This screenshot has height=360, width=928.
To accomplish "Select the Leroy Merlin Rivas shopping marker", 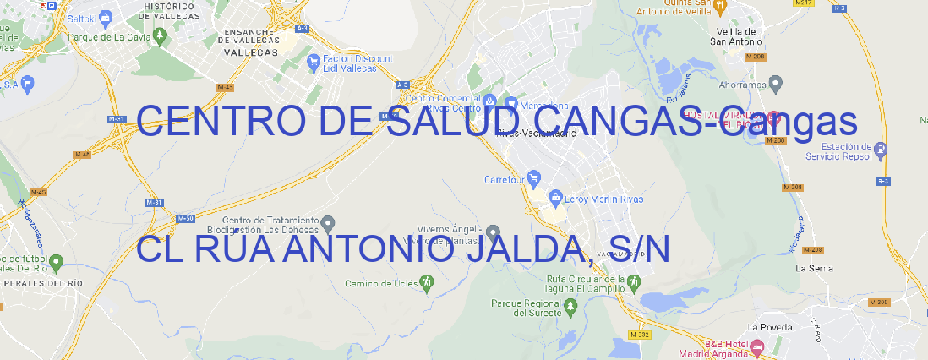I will click(555, 199).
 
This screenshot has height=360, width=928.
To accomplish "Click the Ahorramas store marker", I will click(776, 83).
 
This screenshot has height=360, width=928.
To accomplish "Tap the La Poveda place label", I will click(770, 327).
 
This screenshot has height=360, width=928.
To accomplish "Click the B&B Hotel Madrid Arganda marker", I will click(757, 346).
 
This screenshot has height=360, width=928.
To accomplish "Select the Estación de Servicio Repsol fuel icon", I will click(882, 151).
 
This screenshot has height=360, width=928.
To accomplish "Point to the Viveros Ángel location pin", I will click(494, 232).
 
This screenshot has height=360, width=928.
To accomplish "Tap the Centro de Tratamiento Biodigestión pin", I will click(329, 223).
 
